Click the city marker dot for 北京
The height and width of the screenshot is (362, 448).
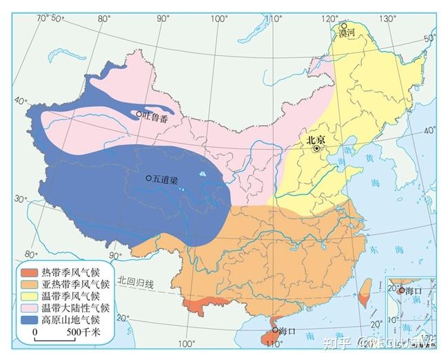coord(317,148)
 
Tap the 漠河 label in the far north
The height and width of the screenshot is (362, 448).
coord(349,32)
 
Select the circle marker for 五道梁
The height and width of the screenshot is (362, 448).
coord(149,178)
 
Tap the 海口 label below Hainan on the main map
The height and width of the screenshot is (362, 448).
coord(287,331)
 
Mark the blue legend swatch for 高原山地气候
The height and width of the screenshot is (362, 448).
coord(30,319)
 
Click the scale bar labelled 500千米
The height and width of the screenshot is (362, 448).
coord(56,339)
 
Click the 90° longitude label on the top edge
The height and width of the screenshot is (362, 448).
coord(163,19)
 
